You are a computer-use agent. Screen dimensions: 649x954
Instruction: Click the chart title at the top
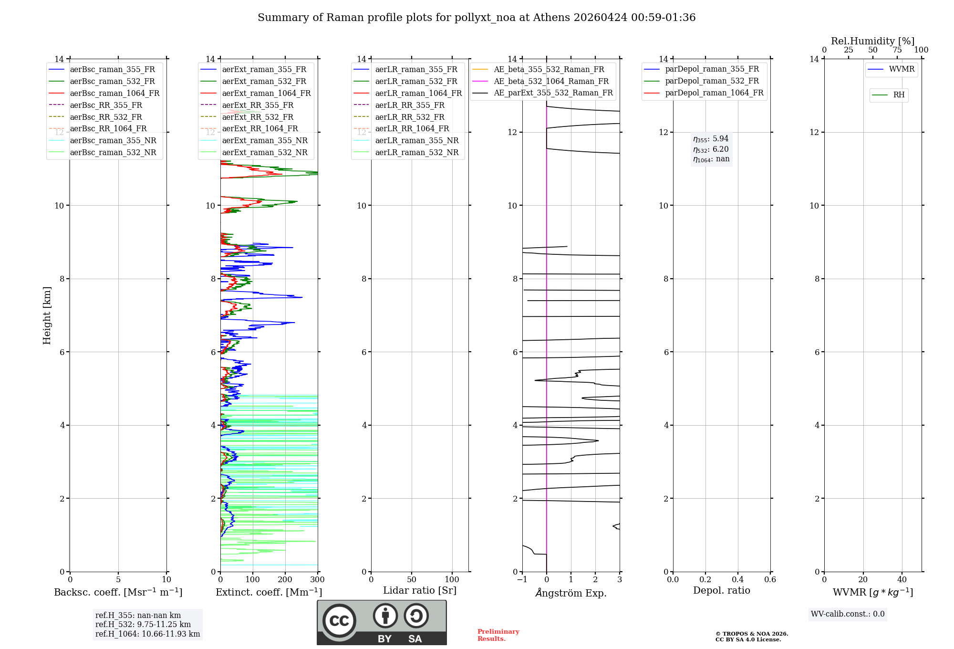[x=477, y=18]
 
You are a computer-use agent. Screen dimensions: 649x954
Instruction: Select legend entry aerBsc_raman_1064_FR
[x=114, y=93]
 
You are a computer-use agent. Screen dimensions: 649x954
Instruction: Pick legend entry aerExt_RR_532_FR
[x=258, y=117]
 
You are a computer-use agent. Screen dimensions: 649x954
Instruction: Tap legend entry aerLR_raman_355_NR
[x=416, y=140]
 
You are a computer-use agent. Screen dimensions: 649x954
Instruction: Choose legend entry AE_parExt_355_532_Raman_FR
[x=553, y=93]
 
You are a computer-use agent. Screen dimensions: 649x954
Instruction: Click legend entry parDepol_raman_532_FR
[x=712, y=81]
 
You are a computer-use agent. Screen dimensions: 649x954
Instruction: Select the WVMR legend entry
[x=901, y=69]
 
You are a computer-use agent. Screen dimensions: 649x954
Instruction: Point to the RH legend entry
[x=899, y=95]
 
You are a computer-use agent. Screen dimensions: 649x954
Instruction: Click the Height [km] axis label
[x=47, y=315]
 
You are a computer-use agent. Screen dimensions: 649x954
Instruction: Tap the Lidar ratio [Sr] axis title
[x=420, y=590]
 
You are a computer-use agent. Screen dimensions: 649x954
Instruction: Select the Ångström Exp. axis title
[x=571, y=593]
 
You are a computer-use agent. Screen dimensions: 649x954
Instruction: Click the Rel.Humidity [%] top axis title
[x=872, y=41]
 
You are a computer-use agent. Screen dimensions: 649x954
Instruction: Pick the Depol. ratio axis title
[x=721, y=590]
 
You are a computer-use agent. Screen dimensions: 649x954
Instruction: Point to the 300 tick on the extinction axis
[x=318, y=580]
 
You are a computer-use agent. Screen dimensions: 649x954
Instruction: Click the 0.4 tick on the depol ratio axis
[x=737, y=580]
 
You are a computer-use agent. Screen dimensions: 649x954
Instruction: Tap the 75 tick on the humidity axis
[x=897, y=50]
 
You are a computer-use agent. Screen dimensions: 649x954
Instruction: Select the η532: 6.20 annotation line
[x=711, y=149]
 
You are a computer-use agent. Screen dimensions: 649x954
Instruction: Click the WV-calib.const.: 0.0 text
[x=848, y=614]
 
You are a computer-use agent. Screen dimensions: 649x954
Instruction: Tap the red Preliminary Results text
[x=498, y=635]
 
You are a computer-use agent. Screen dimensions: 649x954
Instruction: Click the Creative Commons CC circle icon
[x=339, y=621]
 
